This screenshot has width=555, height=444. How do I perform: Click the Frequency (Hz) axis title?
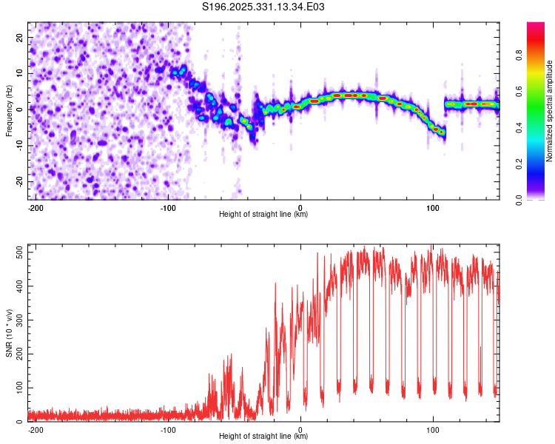click(9, 110)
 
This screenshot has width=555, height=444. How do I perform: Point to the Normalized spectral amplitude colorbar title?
click(550, 111)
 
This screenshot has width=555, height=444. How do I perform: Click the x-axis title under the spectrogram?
click(263, 215)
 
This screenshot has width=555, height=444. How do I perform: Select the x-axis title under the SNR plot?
click(263, 437)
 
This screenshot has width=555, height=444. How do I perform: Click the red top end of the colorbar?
click(536, 25)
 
